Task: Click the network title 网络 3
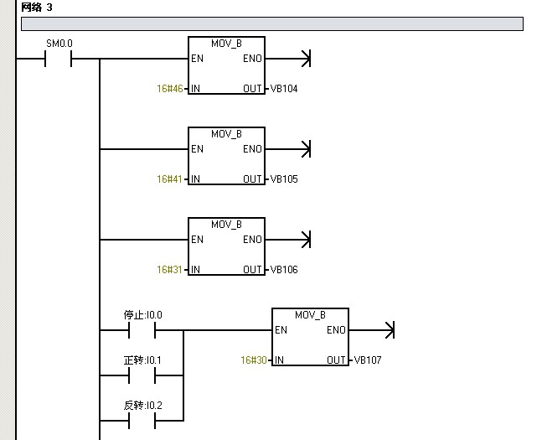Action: tap(37, 7)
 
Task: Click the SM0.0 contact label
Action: tap(58, 42)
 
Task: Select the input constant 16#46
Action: tap(169, 88)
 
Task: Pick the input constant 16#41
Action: tap(169, 179)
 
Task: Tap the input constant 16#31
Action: tap(169, 269)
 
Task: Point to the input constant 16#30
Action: tap(253, 360)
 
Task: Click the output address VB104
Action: tap(283, 88)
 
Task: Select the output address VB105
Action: tap(283, 179)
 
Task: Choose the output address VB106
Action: tap(283, 269)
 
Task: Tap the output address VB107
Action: tap(367, 360)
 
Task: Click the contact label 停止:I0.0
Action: tap(142, 315)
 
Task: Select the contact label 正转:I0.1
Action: tap(142, 360)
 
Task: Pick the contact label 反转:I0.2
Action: tap(142, 405)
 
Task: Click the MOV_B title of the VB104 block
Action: tap(226, 43)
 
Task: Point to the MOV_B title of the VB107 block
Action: tap(310, 315)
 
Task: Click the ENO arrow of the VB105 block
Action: tap(304, 149)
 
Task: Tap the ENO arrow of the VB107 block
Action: tap(387, 330)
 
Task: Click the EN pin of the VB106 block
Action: tap(197, 240)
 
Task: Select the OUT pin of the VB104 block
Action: tap(252, 88)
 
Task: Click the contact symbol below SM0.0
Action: tap(58, 59)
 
